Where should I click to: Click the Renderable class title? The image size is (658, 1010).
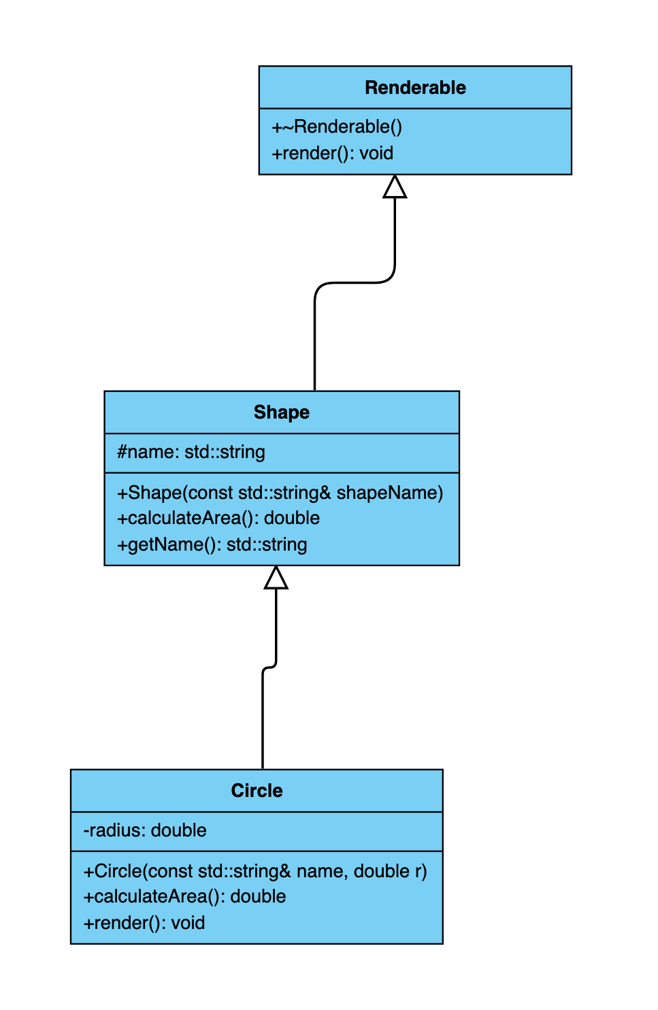coord(415,88)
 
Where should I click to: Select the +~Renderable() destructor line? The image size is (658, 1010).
coord(337,127)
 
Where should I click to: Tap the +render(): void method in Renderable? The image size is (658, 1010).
coord(332,153)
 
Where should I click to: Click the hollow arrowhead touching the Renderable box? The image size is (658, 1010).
coord(395,186)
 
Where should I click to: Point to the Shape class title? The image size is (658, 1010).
coord(282,412)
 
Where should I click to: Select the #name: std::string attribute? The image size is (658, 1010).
coord(191,452)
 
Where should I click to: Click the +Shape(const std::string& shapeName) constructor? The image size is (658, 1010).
coord(280,492)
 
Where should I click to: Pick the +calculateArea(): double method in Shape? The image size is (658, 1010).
coord(218,518)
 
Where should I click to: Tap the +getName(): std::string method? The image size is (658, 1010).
coord(212,544)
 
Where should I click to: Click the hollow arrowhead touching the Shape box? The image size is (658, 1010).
coord(276,577)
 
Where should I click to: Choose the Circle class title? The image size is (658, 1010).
coord(257,791)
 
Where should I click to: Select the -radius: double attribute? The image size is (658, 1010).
coord(145,830)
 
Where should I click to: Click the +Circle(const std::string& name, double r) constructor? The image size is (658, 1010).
coord(255,871)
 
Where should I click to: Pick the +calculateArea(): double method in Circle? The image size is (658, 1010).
coord(185,896)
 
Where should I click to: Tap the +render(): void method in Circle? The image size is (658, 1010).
coord(144,923)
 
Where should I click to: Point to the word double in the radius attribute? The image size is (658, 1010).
coord(178,830)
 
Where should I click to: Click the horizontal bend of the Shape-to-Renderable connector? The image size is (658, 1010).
coord(355,282)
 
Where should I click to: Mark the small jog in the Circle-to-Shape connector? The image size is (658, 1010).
coord(269,666)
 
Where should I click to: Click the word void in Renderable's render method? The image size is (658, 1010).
coord(376,153)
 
